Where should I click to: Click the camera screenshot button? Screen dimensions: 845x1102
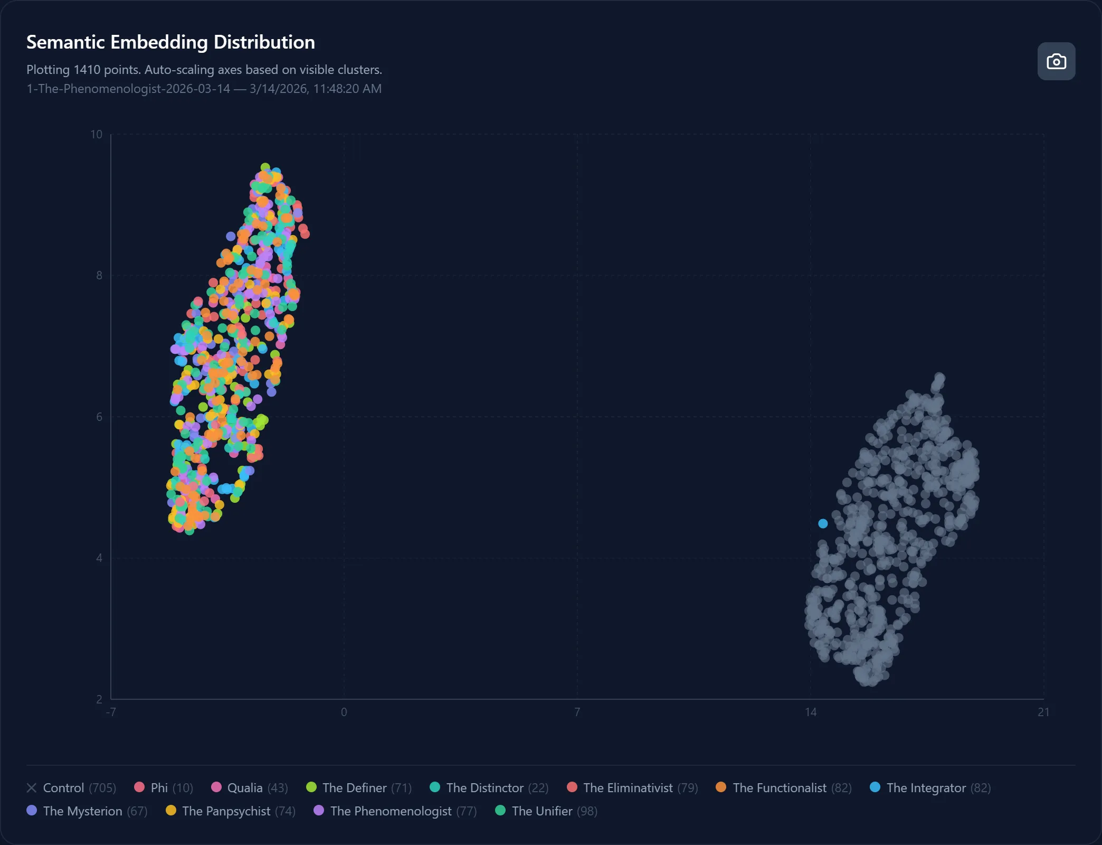1056,61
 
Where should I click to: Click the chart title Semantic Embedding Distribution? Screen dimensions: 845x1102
170,42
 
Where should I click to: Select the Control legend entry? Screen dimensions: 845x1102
71,788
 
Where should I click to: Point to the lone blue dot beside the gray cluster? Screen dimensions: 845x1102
823,523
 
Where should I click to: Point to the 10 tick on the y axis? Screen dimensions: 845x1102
97,135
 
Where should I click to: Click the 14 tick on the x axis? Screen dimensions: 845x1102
811,712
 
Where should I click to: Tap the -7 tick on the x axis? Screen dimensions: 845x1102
111,712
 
